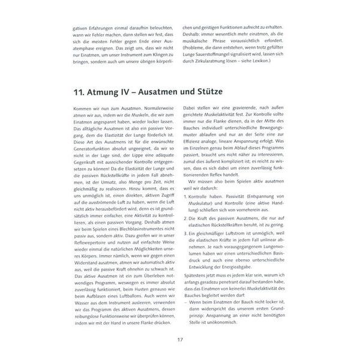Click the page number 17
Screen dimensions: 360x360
pos(179,340)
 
